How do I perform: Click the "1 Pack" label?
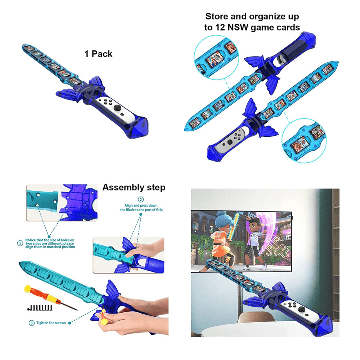[98, 54]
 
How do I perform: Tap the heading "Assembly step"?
[134, 188]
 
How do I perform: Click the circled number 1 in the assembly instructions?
[20, 243]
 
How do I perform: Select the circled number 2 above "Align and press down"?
[141, 199]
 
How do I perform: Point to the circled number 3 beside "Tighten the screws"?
[32, 323]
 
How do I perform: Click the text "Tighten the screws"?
[50, 323]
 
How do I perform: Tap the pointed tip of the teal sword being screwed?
[22, 265]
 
